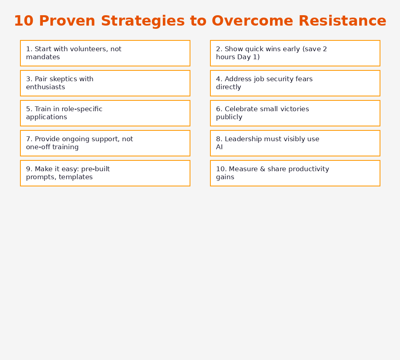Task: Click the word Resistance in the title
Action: pos(342,21)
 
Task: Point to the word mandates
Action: pos(43,57)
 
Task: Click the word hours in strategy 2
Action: pos(225,57)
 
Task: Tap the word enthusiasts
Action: pos(45,87)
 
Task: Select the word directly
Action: pos(228,87)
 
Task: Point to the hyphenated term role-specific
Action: pos(82,109)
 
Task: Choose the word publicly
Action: pos(229,117)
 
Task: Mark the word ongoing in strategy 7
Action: pos(76,139)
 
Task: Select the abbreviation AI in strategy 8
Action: pos(219,147)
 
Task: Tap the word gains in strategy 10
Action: pos(225,177)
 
